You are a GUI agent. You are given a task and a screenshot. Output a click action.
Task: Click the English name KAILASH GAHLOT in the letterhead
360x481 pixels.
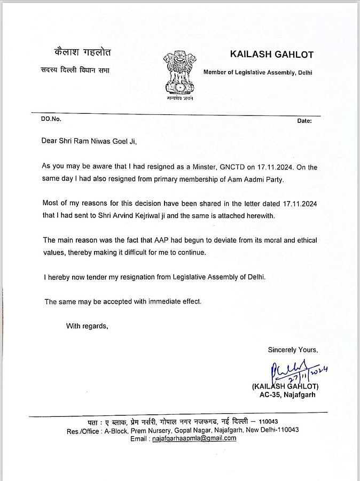[x=271, y=55]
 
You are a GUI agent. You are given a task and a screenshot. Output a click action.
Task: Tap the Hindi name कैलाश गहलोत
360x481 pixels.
[x=69, y=54]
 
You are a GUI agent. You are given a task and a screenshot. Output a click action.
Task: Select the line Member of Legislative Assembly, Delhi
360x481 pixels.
[x=257, y=72]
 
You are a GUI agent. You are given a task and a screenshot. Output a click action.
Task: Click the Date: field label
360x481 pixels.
[x=304, y=121]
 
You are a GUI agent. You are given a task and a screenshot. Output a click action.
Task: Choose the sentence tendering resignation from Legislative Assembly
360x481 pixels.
[x=154, y=277]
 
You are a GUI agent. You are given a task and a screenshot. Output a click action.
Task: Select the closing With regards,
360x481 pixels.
[x=87, y=325]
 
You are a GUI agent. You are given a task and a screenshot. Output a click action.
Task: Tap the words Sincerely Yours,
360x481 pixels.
[x=293, y=350]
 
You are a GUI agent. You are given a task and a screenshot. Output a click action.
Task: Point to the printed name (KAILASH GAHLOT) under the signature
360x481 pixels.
[x=285, y=386]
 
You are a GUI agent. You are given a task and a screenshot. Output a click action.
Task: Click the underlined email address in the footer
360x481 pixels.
[x=194, y=438]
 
